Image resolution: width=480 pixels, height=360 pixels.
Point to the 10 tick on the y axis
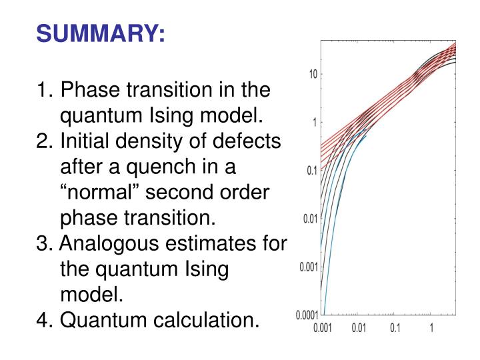pos(312,73)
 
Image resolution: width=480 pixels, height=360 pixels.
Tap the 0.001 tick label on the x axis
pos(323,329)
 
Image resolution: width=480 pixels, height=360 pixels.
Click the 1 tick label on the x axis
pos(432,329)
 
